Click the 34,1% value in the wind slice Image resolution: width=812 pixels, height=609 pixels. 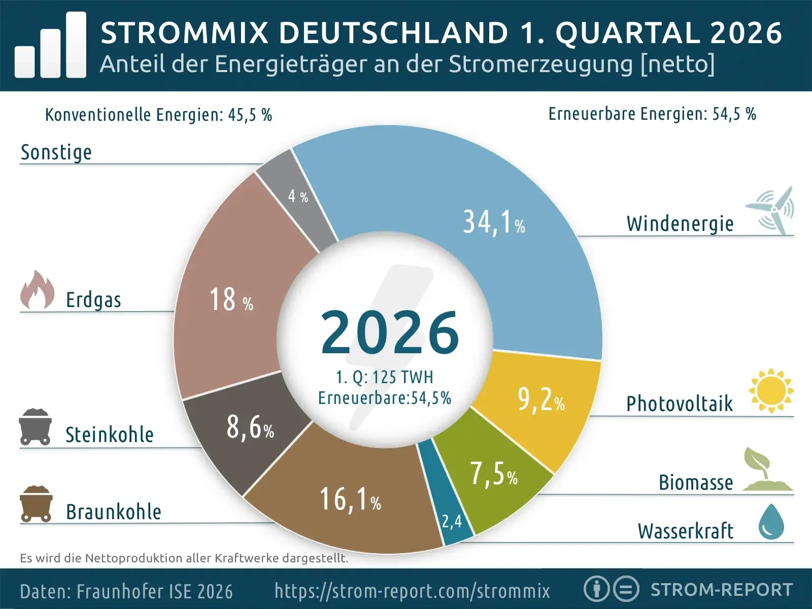[493, 223]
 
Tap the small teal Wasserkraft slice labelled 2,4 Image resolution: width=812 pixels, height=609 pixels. [452, 521]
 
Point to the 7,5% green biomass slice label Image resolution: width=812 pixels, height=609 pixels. [493, 475]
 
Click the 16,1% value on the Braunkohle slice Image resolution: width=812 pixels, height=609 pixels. [350, 499]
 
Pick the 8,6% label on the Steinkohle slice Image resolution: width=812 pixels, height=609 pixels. [250, 427]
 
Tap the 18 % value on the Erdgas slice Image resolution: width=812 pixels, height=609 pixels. [231, 300]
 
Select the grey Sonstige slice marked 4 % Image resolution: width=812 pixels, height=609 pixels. [298, 196]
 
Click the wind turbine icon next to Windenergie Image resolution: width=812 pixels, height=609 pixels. [771, 211]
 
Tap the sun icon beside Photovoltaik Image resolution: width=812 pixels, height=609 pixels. [771, 390]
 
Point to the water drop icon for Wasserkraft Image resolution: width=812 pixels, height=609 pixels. [771, 522]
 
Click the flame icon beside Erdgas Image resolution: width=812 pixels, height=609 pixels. [38, 290]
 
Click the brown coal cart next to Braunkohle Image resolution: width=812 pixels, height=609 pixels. [36, 504]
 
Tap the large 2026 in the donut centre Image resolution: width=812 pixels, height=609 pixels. [390, 333]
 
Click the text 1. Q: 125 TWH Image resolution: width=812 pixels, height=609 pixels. [385, 378]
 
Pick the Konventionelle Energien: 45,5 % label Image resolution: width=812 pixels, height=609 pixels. [158, 115]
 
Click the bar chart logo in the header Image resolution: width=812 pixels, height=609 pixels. [51, 46]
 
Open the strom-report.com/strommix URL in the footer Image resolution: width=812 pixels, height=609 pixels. [412, 591]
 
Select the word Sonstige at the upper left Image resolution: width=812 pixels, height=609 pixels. [56, 152]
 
